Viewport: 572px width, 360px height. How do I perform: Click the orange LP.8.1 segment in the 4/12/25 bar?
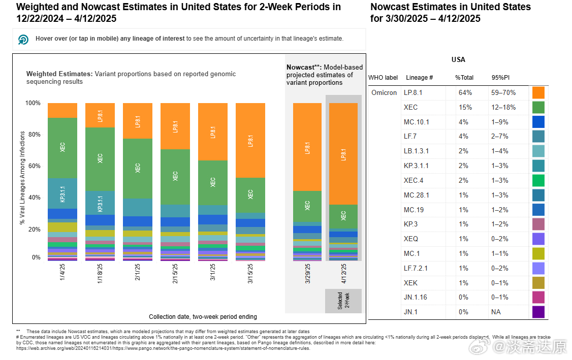click(343, 154)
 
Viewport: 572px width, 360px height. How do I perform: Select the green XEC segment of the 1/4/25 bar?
click(62, 148)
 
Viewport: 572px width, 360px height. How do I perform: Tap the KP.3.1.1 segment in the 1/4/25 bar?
click(62, 193)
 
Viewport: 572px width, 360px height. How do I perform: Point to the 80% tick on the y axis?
click(33, 135)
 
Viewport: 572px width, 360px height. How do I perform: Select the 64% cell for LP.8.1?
click(465, 93)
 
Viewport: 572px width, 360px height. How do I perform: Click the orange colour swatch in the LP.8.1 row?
click(538, 93)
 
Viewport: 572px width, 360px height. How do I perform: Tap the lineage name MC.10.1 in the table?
click(417, 122)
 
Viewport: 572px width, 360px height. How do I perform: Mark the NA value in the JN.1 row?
click(496, 312)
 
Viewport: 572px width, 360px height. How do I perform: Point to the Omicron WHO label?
click(384, 93)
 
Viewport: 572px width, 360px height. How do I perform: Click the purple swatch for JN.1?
click(538, 312)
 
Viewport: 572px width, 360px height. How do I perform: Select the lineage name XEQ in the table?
click(411, 239)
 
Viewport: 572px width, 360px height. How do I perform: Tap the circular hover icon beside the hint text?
click(23, 39)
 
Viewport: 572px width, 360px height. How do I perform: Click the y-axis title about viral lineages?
click(22, 178)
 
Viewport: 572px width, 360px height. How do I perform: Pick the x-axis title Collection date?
click(203, 317)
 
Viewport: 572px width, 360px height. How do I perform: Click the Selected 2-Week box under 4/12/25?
click(343, 301)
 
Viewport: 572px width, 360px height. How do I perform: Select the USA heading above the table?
click(458, 60)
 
